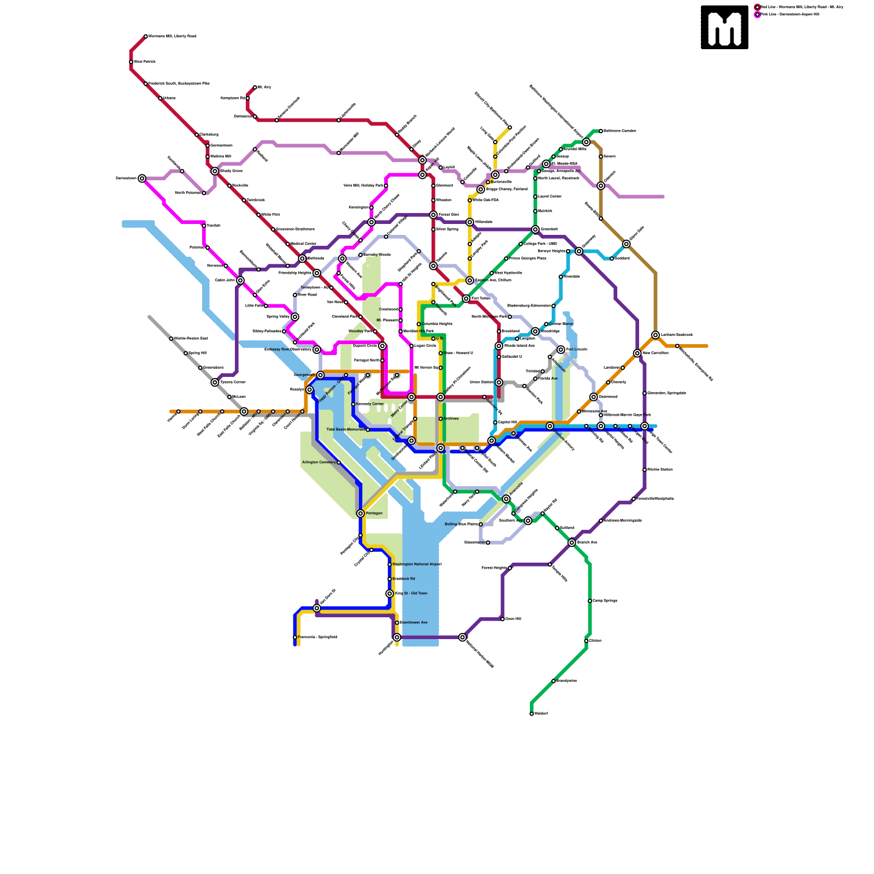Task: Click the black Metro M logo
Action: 724,27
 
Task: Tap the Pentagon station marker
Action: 361,513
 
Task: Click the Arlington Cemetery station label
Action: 319,463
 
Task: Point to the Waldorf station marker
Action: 532,713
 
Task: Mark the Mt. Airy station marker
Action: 255,87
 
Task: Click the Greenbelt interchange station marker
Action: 535,229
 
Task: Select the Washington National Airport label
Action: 417,564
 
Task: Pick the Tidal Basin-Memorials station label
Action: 345,429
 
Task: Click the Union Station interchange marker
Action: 499,382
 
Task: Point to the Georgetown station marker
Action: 321,375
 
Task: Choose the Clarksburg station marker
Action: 197,135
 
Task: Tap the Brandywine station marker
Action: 553,681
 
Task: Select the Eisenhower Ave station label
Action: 414,623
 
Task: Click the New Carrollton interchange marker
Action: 637,353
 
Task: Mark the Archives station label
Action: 451,419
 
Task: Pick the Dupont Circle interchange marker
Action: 382,346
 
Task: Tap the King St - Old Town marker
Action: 389,594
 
